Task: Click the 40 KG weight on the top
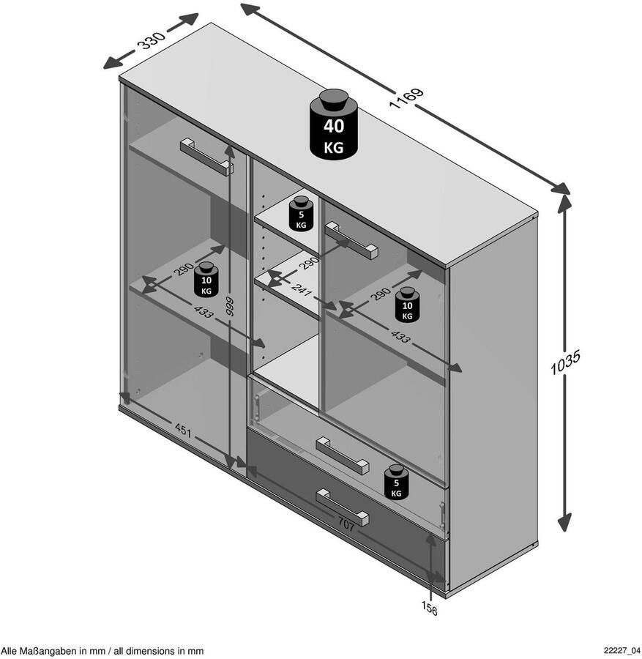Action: point(334,124)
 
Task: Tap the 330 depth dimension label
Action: point(153,40)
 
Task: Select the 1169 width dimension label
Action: point(406,98)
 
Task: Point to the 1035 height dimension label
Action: point(566,362)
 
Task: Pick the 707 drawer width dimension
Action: point(346,524)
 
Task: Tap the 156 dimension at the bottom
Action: point(430,608)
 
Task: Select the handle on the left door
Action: point(206,157)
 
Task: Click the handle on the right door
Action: point(351,240)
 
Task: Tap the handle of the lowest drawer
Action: point(343,507)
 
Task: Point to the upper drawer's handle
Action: point(343,455)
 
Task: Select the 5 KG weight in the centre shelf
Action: point(302,214)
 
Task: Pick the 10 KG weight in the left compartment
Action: point(206,279)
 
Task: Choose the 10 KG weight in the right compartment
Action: point(407,305)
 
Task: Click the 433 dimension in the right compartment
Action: point(400,336)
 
